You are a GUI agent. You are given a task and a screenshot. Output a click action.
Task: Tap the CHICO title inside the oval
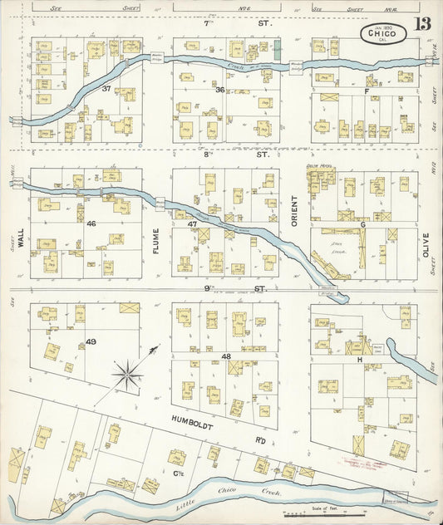tap(383, 33)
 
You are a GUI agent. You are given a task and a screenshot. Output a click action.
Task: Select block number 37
tap(106, 89)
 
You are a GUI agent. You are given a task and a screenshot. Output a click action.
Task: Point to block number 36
tap(219, 90)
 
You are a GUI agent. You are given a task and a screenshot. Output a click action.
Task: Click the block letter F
tap(366, 91)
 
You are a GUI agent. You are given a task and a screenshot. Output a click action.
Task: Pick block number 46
tap(91, 224)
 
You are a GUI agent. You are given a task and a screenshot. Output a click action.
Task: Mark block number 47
tap(193, 225)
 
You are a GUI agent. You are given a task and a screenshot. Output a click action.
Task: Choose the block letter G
tap(362, 224)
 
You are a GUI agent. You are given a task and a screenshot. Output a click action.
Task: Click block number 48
tap(225, 356)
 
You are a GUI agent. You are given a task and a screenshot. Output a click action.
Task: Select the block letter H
tap(359, 360)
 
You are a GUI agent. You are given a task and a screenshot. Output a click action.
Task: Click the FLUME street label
tap(155, 239)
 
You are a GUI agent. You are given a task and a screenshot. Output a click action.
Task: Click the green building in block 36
tap(278, 50)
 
